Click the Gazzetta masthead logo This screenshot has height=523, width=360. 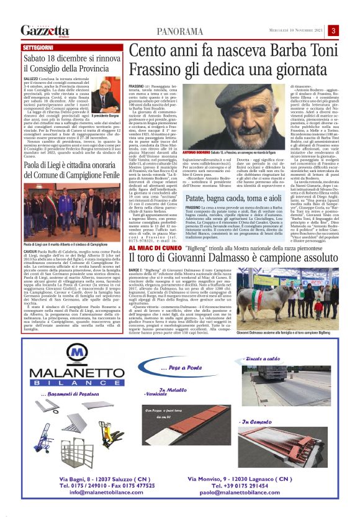[45, 30]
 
